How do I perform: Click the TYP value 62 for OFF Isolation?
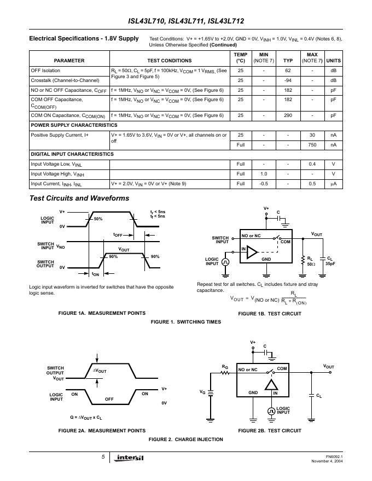point(288,71)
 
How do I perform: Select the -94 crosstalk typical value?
point(288,80)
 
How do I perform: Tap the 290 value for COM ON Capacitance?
point(288,115)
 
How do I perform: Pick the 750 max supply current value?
point(312,144)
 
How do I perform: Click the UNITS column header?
point(333,60)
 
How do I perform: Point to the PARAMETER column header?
point(69,60)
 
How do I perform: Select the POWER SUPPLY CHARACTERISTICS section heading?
point(74,125)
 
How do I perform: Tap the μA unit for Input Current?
point(333,184)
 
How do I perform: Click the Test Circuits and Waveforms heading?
point(79,198)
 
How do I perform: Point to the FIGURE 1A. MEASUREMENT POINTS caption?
point(102,313)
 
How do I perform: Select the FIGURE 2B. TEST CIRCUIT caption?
point(270,431)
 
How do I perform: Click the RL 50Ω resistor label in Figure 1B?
point(311,260)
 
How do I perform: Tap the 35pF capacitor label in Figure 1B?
point(330,263)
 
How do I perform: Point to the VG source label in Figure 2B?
point(202,391)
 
